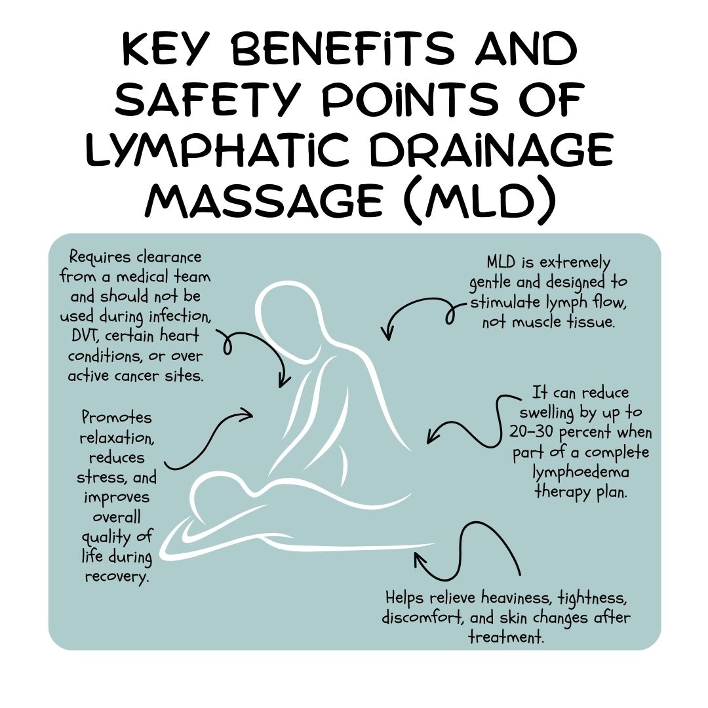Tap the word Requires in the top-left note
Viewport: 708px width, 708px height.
coord(98,257)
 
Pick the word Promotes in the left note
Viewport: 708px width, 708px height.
coord(116,418)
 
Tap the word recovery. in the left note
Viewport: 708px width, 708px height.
coord(116,577)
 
